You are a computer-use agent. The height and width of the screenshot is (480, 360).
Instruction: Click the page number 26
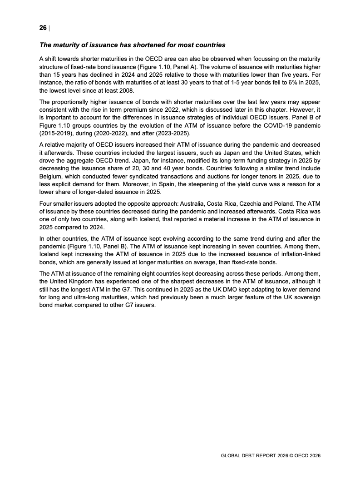pos(43,28)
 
